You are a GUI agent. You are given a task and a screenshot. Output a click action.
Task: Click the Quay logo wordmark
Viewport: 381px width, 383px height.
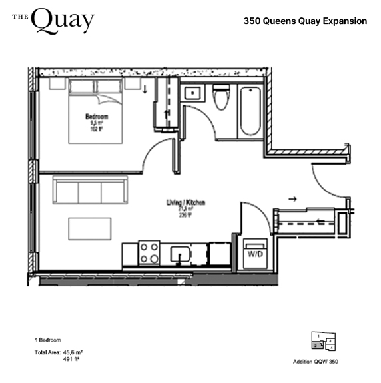53,21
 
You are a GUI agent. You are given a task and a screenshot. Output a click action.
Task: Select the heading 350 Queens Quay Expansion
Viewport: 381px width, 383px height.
305,21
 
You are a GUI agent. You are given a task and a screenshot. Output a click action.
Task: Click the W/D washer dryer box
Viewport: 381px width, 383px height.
255,254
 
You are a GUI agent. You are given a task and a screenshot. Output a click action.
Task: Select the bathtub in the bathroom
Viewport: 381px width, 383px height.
250,108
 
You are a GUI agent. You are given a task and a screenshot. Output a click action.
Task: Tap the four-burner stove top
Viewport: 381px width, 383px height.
149,253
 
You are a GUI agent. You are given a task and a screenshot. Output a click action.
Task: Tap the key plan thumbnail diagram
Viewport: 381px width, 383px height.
323,341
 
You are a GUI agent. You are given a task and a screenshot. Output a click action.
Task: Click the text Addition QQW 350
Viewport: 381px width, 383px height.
316,362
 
